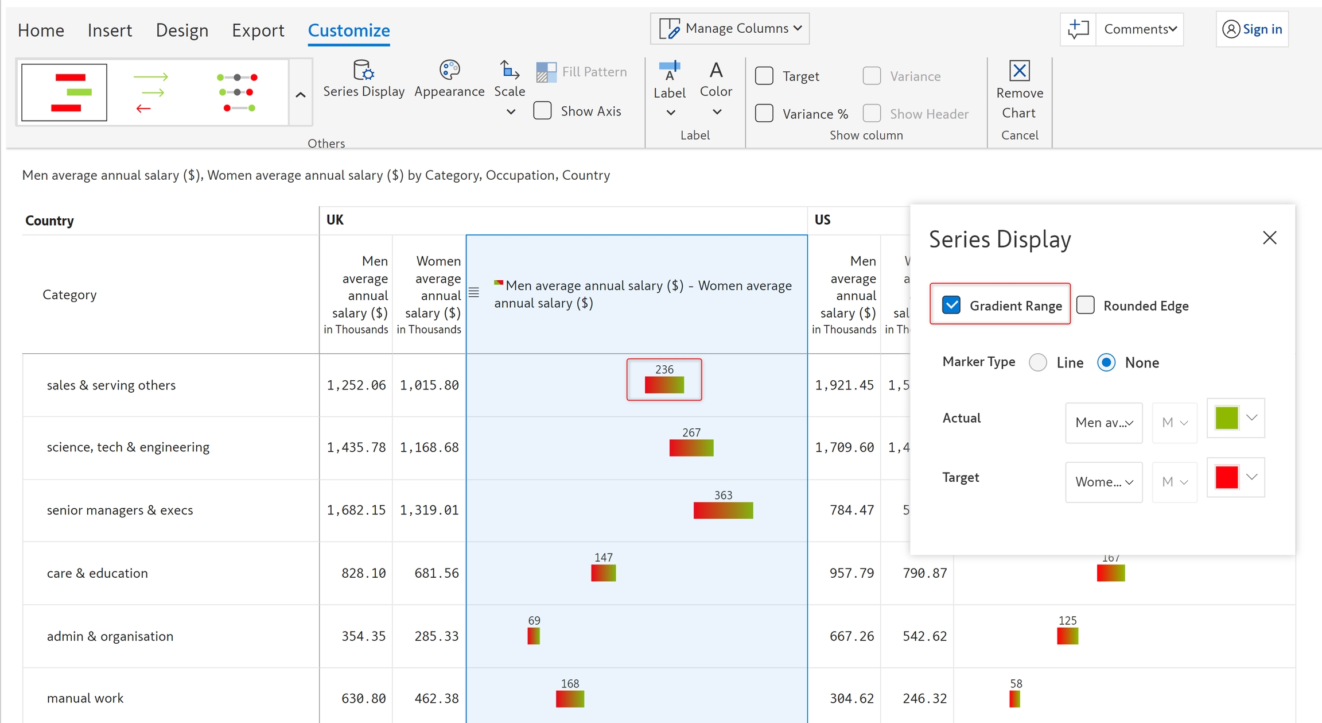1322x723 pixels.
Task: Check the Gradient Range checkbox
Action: [x=951, y=305]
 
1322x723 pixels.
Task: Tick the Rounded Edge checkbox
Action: [x=1086, y=305]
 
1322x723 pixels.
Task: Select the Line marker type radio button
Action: [x=1038, y=362]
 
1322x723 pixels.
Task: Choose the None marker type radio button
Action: [x=1106, y=362]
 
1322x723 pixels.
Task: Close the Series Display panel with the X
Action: [x=1269, y=238]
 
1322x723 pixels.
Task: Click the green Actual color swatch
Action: [x=1226, y=418]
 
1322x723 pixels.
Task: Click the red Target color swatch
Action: [x=1226, y=477]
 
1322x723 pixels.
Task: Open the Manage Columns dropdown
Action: [x=730, y=29]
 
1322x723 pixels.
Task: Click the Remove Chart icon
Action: [x=1019, y=71]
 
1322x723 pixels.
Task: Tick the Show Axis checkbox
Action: [x=542, y=111]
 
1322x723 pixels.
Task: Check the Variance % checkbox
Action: [x=764, y=113]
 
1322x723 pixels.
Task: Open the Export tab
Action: [x=258, y=30]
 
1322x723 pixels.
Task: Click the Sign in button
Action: [x=1252, y=29]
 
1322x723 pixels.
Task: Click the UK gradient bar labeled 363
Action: [x=723, y=510]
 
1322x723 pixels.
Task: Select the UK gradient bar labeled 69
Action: [x=534, y=636]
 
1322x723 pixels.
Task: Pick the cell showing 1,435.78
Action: [x=356, y=447]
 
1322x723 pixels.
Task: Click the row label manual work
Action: [x=85, y=698]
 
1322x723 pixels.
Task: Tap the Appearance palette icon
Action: [x=449, y=71]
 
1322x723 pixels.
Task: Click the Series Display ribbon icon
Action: [x=363, y=71]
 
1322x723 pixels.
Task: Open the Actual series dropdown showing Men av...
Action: [x=1104, y=423]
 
